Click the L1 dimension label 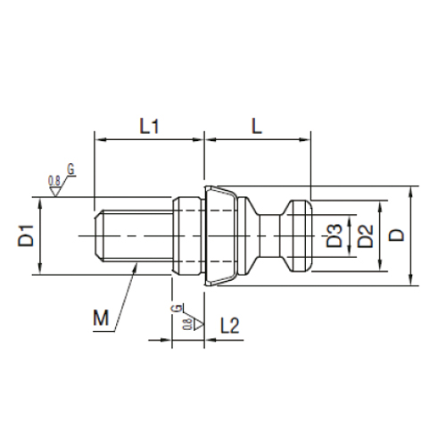coord(149,128)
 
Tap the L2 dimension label coord(231,326)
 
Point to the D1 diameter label coord(28,237)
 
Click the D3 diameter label coord(332,236)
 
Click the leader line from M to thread coord(128,294)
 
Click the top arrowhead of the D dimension coord(412,191)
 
